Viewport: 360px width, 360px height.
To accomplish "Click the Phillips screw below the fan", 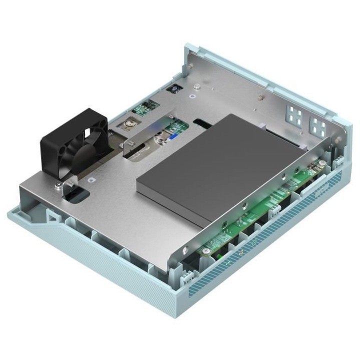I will coord(59,185).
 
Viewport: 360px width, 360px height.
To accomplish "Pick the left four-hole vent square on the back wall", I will coord(295,114).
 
